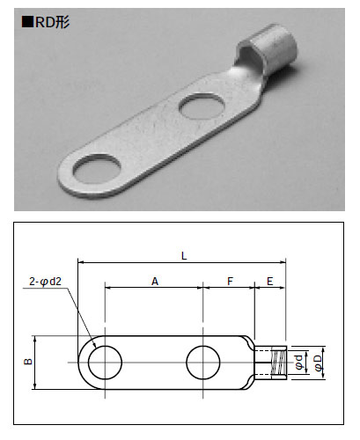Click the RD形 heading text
click(52, 22)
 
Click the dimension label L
click(184, 256)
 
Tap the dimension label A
click(155, 282)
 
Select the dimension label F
click(230, 282)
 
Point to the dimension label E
click(270, 282)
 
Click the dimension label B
click(28, 362)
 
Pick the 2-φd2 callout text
click(45, 282)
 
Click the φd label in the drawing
click(298, 362)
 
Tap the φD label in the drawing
click(319, 363)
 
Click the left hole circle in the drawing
click(88, 363)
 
